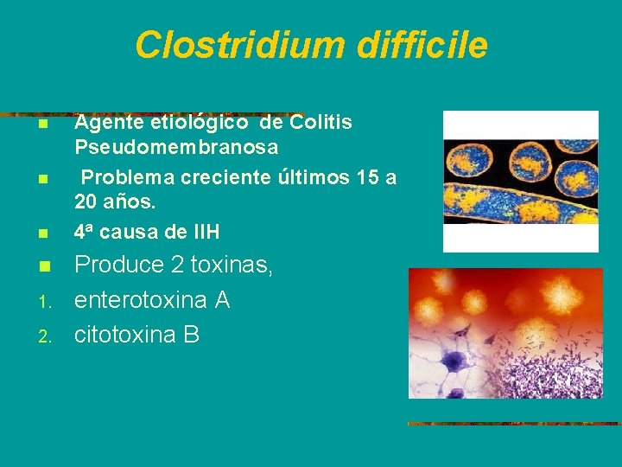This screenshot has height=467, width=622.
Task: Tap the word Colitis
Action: point(321,123)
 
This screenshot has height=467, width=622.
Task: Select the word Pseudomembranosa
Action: point(176,147)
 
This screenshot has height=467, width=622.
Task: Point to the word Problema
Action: point(126,177)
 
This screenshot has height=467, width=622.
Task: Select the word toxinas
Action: point(233,266)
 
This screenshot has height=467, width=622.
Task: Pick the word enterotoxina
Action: point(140,301)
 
